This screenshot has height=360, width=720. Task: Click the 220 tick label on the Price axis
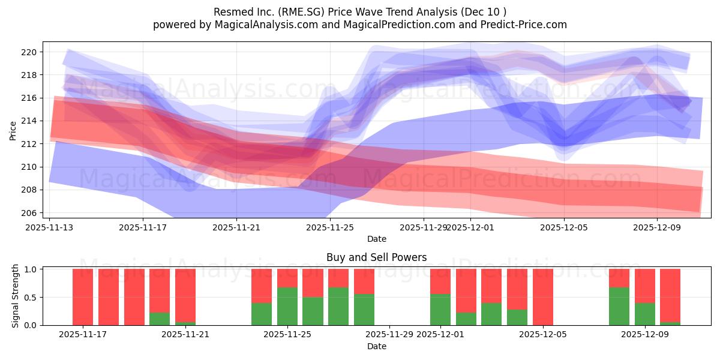pos(29,52)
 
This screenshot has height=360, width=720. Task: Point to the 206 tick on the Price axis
pos(29,212)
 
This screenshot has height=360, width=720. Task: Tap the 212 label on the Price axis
pos(29,144)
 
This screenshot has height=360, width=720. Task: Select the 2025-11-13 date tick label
pos(49,227)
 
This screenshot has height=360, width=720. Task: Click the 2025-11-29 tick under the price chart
pos(423,227)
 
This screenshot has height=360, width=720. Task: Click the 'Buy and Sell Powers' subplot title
pos(376,257)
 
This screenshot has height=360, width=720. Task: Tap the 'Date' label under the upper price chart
pos(376,239)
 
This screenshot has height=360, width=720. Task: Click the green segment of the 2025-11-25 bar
pos(287,307)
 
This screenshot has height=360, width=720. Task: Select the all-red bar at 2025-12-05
pos(542,297)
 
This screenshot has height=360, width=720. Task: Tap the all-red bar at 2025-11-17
pos(83,297)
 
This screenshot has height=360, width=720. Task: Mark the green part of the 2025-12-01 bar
pos(440,310)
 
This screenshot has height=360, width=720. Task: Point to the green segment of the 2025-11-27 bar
pos(338,307)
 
